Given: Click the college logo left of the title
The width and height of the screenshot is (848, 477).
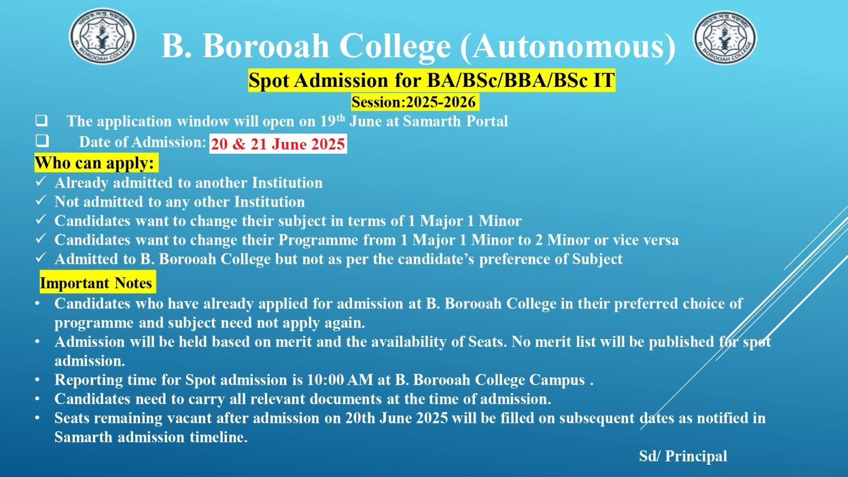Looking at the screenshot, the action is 102,37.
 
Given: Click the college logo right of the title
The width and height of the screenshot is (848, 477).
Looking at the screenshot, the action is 725,37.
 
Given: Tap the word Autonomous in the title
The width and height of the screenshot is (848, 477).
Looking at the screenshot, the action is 568,46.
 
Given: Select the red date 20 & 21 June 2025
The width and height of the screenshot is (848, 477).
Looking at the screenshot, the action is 278,144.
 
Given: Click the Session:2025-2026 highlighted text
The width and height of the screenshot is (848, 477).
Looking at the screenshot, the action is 414,102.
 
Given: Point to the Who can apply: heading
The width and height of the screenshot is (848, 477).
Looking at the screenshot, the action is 95,163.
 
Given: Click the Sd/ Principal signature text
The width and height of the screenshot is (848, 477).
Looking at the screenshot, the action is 683,456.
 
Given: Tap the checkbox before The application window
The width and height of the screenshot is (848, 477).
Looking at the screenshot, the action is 42,121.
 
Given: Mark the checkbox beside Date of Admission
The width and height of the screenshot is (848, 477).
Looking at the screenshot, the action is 42,141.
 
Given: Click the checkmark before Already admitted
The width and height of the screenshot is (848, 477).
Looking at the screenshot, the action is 40,181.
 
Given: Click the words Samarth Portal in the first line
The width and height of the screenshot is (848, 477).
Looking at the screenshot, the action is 455,121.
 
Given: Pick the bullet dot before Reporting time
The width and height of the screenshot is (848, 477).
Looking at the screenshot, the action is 37,380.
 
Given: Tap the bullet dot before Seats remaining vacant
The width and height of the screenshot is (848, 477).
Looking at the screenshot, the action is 37,418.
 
